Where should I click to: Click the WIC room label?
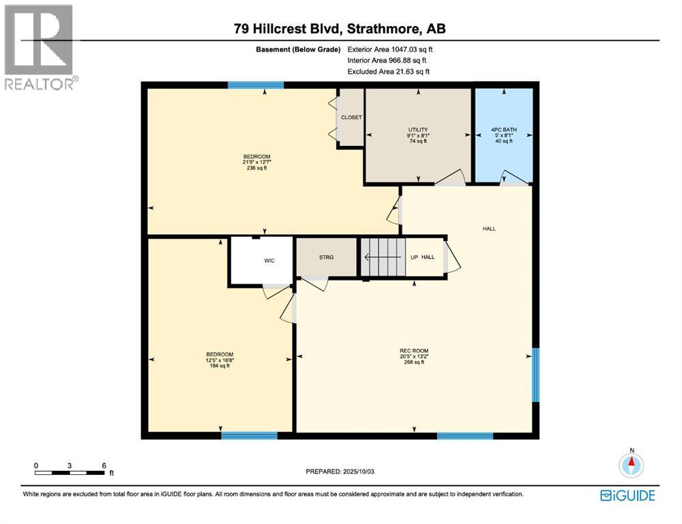pyautogui.click(x=269, y=261)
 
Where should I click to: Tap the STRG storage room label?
pyautogui.click(x=326, y=258)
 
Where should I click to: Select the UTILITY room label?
pyautogui.click(x=417, y=129)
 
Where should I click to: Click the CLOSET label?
pyautogui.click(x=351, y=117)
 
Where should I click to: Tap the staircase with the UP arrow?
pyautogui.click(x=383, y=257)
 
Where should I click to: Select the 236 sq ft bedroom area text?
pyautogui.click(x=257, y=170)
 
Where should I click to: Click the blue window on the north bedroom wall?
pyautogui.click(x=256, y=85)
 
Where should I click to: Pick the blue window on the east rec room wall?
pyautogui.click(x=535, y=375)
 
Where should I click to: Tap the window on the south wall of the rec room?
pyautogui.click(x=464, y=435)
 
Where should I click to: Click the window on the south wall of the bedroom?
pyautogui.click(x=249, y=435)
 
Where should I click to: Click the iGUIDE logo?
pyautogui.click(x=628, y=495)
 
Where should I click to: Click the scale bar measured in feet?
pyautogui.click(x=70, y=471)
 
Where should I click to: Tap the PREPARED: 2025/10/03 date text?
pyautogui.click(x=341, y=471)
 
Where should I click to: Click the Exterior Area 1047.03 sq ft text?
pyautogui.click(x=390, y=49)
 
